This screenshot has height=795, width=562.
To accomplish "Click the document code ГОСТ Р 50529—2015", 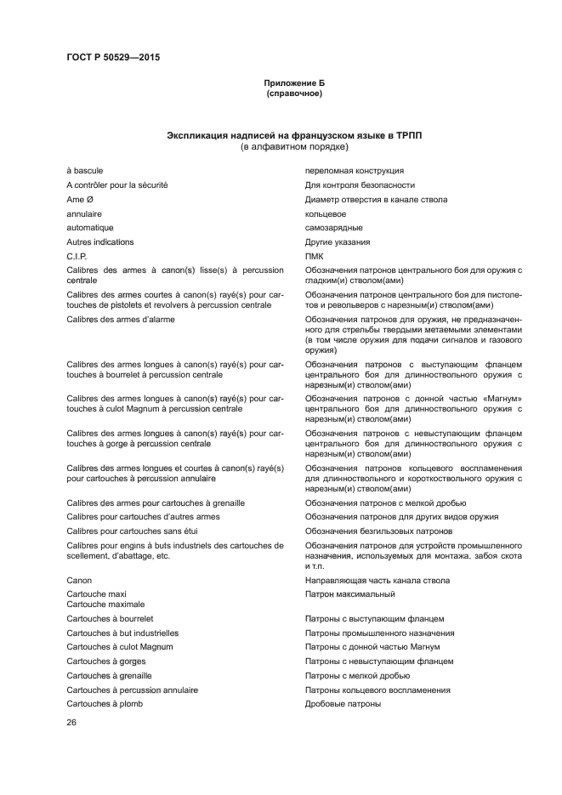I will point(113,58).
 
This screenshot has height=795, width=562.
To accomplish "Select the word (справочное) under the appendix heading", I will point(293,94).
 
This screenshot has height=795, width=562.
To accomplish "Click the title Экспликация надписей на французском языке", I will point(293,136).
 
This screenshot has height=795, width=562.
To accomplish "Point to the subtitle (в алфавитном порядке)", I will point(293,148).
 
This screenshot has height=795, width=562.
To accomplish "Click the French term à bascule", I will point(85,171).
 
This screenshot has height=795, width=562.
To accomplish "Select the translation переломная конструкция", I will point(354,171).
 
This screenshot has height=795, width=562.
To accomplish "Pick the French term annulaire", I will point(84,214).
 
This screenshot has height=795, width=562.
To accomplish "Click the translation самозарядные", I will point(333,228).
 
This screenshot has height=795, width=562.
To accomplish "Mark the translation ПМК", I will point(314,256).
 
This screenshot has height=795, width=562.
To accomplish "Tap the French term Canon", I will point(80,581).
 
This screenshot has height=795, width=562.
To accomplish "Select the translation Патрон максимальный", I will point(349,594).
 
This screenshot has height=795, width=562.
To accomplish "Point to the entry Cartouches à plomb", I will point(105,704).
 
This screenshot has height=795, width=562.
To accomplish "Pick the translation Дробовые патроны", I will point(343,704).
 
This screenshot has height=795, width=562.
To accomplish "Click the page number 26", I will point(72,723).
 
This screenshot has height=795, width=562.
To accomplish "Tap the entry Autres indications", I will point(99,242).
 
